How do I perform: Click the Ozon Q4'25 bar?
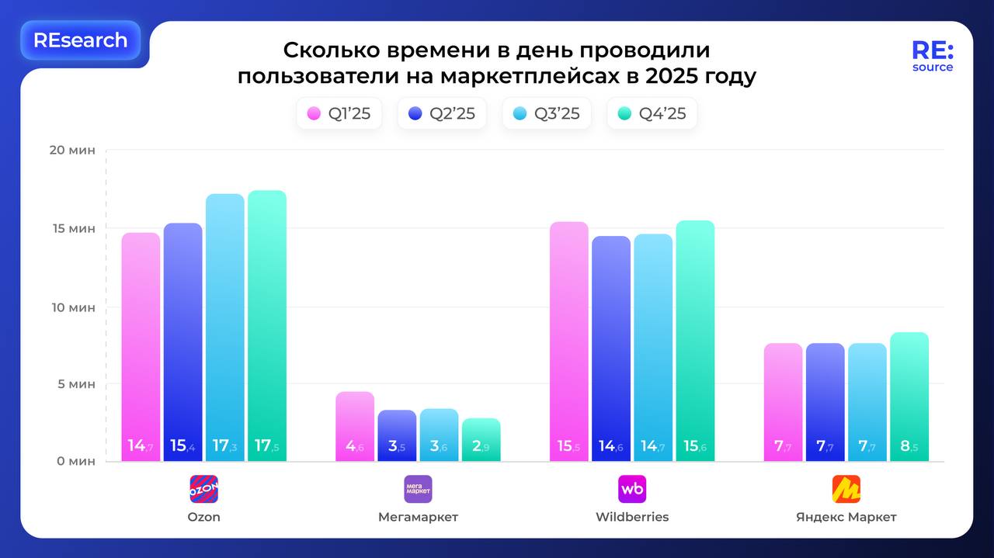(266, 326)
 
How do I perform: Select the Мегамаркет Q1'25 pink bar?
(355, 426)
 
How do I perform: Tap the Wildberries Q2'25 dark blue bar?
(611, 348)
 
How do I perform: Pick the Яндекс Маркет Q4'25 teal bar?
(909, 397)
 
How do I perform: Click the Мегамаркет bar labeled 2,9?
(481, 439)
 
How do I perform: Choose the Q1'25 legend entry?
(339, 114)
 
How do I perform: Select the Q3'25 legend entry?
(547, 114)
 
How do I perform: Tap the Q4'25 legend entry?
(652, 114)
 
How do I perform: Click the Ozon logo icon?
(204, 489)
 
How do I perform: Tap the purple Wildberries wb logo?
(632, 489)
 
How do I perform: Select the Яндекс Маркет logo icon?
(846, 489)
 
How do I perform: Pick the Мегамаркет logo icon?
(418, 489)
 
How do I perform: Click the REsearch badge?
(80, 40)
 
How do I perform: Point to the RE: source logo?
(933, 57)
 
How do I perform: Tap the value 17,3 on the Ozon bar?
(224, 445)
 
